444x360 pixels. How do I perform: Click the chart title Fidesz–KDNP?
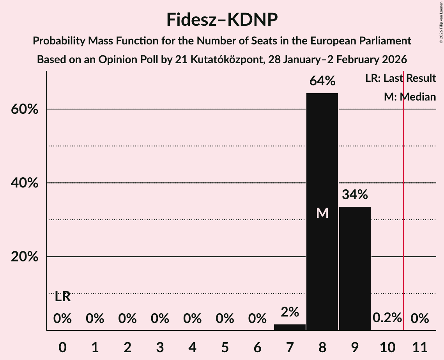tap(222, 19)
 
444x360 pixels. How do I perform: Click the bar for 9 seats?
tap(355, 268)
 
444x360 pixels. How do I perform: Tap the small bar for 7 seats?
tap(290, 327)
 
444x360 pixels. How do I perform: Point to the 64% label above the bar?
tap(322, 81)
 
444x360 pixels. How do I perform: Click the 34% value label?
tap(355, 194)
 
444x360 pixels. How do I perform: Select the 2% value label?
tap(290, 312)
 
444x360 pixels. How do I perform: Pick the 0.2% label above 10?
tap(387, 318)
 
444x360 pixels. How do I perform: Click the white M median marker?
tap(322, 213)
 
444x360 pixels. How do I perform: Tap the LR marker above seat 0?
tap(62, 297)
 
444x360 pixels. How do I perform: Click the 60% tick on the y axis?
tap(24, 109)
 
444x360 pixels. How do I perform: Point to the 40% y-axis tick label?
tap(24, 183)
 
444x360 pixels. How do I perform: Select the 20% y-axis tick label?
tap(24, 257)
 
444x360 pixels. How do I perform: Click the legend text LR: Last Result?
tap(400, 78)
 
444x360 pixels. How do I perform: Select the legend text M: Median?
tap(410, 97)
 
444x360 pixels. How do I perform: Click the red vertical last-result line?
tap(403, 195)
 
